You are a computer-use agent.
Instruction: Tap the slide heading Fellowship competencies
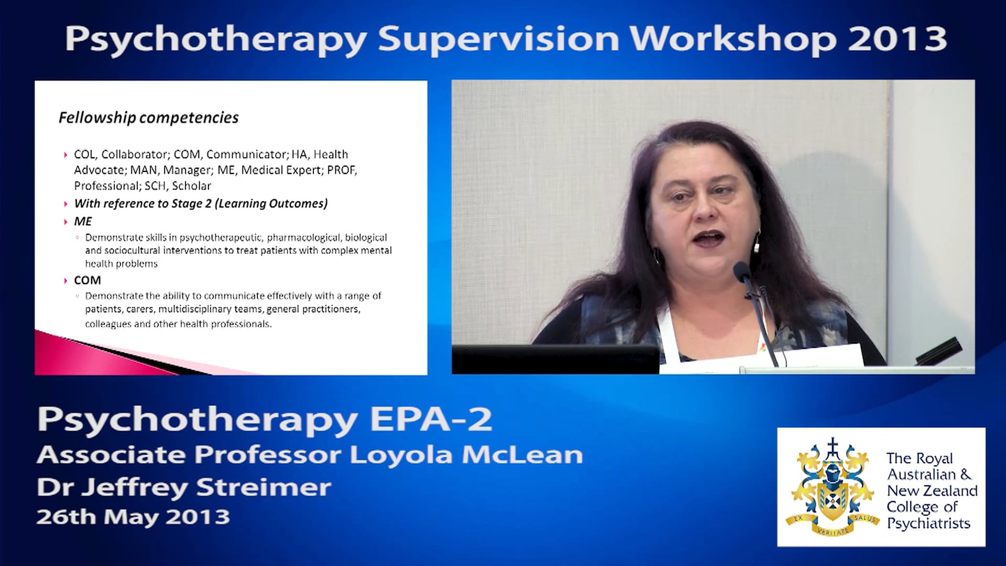pyautogui.click(x=148, y=117)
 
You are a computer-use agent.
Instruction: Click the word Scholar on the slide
pyautogui.click(x=191, y=186)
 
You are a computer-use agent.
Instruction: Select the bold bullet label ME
pyautogui.click(x=83, y=221)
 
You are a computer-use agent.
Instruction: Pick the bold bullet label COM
pyautogui.click(x=88, y=280)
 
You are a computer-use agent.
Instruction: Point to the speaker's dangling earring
pyautogui.click(x=757, y=244)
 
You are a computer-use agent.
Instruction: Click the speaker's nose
pyautogui.click(x=705, y=210)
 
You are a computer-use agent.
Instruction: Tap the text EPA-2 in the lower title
pyautogui.click(x=431, y=419)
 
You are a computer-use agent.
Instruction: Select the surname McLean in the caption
pyautogui.click(x=522, y=454)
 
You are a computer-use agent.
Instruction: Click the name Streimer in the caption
pyautogui.click(x=264, y=487)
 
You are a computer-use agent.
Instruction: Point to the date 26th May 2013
pyautogui.click(x=133, y=517)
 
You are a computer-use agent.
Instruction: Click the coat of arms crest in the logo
pyautogui.click(x=832, y=487)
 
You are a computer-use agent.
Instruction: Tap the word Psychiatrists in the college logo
pyautogui.click(x=928, y=523)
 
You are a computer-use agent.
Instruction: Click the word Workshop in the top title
pyautogui.click(x=732, y=39)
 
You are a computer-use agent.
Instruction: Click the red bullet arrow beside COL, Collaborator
pyautogui.click(x=65, y=155)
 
